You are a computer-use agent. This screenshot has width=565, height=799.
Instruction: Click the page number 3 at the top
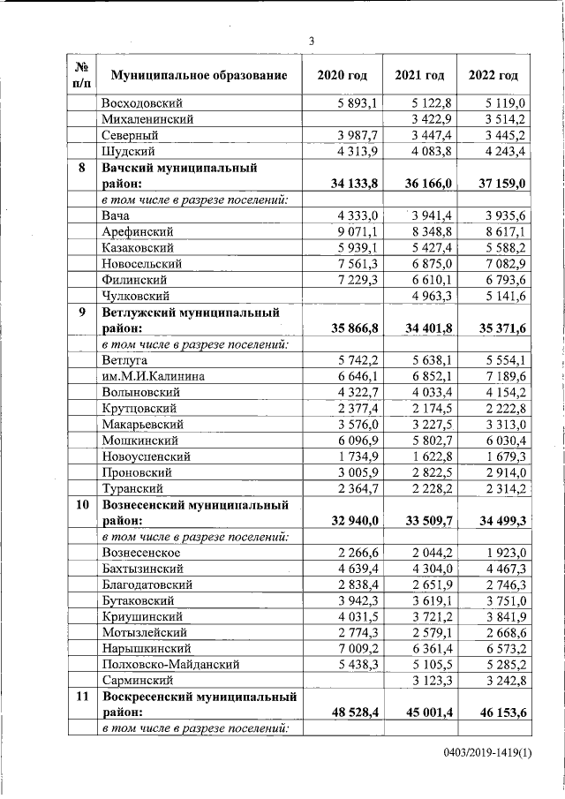coord(311,40)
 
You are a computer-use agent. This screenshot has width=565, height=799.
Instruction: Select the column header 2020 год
coord(343,75)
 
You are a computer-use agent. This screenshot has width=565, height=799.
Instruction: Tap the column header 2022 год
coord(493,75)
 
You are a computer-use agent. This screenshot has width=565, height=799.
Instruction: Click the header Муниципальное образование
coord(193,75)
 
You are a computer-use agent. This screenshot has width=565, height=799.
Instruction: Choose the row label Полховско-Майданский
coord(167,663)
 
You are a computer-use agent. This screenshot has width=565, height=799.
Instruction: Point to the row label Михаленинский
coord(147,119)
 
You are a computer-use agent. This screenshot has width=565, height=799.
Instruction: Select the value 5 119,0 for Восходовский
coord(507,103)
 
